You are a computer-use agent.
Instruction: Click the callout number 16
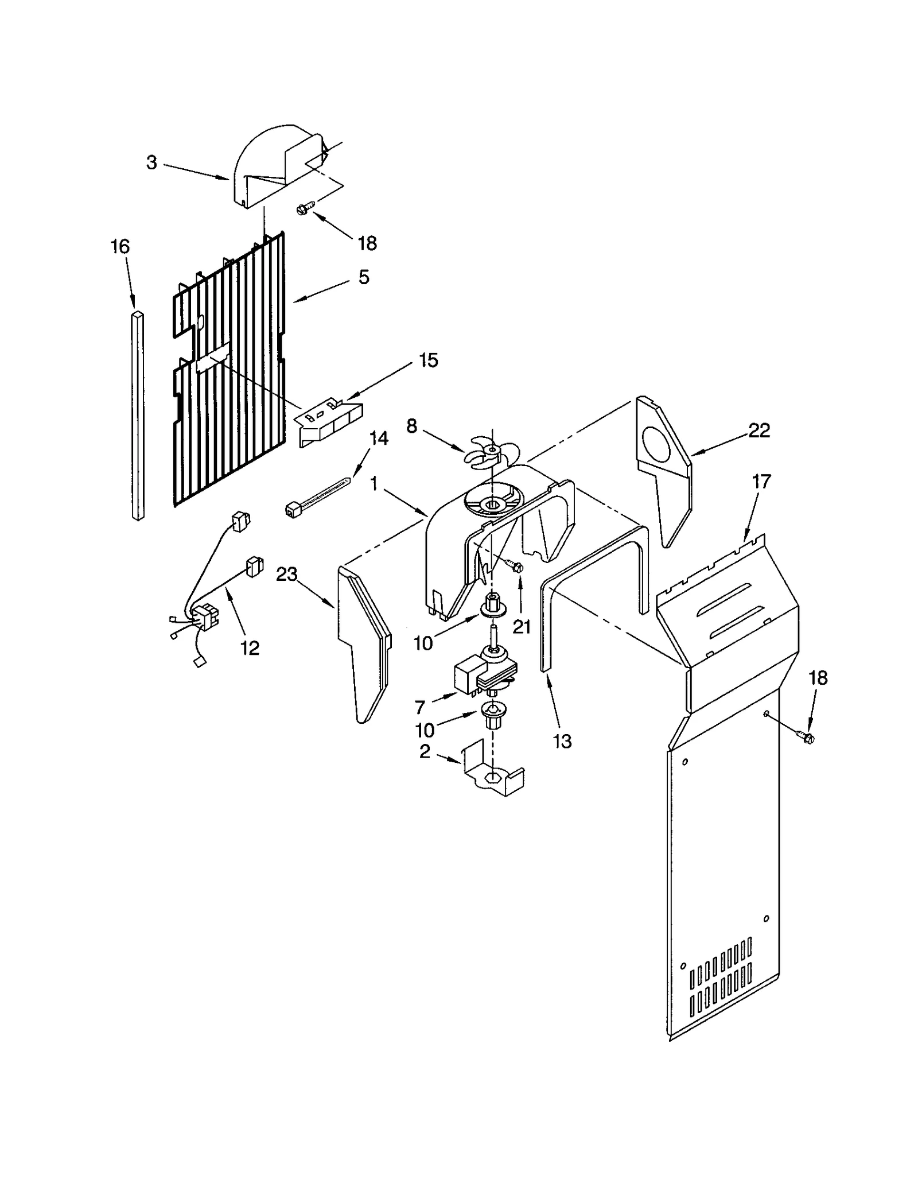point(120,247)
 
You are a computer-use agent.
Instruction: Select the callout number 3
point(151,163)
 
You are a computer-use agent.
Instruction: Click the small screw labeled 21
point(514,567)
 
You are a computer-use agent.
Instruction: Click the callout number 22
point(758,430)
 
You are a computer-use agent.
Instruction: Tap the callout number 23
point(287,573)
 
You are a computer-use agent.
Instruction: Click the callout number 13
point(562,741)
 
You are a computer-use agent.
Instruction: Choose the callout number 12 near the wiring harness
point(250,648)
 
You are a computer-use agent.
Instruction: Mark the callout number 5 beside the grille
point(364,277)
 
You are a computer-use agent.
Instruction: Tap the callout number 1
point(374,484)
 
